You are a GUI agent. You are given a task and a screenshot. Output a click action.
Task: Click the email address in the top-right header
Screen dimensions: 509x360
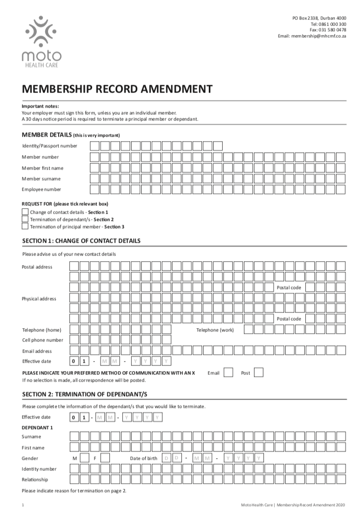(x=312, y=36)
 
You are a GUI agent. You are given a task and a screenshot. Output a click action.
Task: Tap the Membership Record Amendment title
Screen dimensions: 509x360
(x=117, y=88)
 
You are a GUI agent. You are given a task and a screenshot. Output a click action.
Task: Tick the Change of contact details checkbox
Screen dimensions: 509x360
(x=25, y=212)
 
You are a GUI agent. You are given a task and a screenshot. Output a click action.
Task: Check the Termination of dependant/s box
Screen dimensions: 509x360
(x=25, y=219)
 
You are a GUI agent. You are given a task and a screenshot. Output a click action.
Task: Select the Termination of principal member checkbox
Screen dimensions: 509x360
(x=25, y=227)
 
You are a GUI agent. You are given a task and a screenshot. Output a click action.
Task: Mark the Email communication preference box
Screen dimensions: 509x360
(x=228, y=372)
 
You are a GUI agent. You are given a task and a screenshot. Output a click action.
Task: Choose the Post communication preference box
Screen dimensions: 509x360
(x=258, y=372)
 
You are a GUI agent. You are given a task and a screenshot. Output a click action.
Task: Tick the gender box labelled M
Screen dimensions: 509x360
(x=84, y=458)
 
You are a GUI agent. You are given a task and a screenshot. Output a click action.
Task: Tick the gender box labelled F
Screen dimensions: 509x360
(x=105, y=458)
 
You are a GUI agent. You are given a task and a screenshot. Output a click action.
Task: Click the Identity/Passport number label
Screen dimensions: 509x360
(x=50, y=146)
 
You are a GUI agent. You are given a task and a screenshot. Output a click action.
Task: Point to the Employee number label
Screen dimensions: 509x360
(x=41, y=189)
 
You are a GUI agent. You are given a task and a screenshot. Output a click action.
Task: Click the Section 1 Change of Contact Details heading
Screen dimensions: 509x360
(x=81, y=241)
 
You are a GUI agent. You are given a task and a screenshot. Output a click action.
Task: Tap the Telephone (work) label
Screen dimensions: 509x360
(x=215, y=330)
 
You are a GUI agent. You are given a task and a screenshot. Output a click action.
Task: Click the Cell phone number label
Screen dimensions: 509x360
(x=42, y=340)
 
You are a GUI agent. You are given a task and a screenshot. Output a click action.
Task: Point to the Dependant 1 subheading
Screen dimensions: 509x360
(x=37, y=427)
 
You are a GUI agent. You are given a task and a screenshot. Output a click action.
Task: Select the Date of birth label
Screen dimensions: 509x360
(x=143, y=458)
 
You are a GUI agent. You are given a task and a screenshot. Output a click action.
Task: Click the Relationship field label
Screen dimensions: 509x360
(x=35, y=479)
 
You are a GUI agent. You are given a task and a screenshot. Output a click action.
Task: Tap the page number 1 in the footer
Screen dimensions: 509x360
(x=23, y=504)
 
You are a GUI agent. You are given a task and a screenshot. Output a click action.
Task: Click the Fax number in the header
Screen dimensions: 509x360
(x=328, y=30)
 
